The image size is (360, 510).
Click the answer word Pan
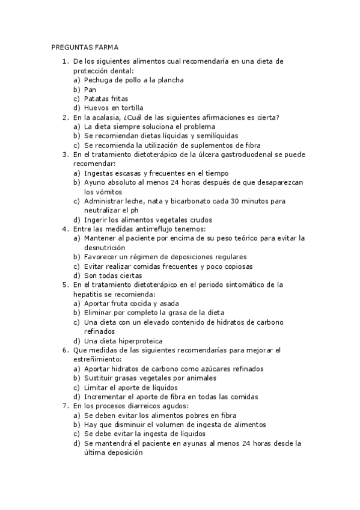(90, 89)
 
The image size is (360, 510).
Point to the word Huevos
(96, 108)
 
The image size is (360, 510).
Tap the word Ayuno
(95, 182)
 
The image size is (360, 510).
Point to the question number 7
(64, 406)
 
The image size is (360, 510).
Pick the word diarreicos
(137, 406)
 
